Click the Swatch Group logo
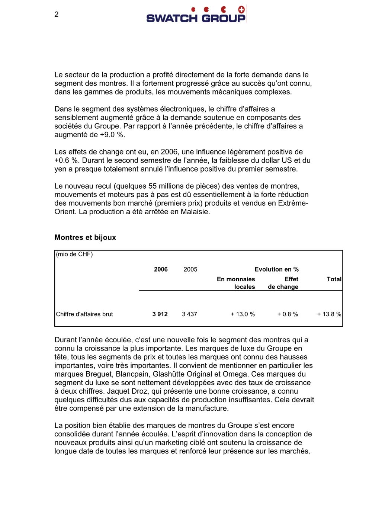point(196,15)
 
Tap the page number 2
point(57,15)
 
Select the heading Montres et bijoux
point(85,237)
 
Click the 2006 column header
point(161,269)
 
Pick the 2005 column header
point(190,269)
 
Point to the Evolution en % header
point(276,269)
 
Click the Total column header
point(334,279)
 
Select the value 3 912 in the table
point(160,314)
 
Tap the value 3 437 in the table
point(189,314)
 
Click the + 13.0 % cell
point(243,314)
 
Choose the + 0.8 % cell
point(288,314)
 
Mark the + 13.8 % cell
point(329,314)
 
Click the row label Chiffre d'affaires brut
point(84,314)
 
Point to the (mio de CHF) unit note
point(74,254)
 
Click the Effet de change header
point(283,283)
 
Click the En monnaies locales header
point(236,283)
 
